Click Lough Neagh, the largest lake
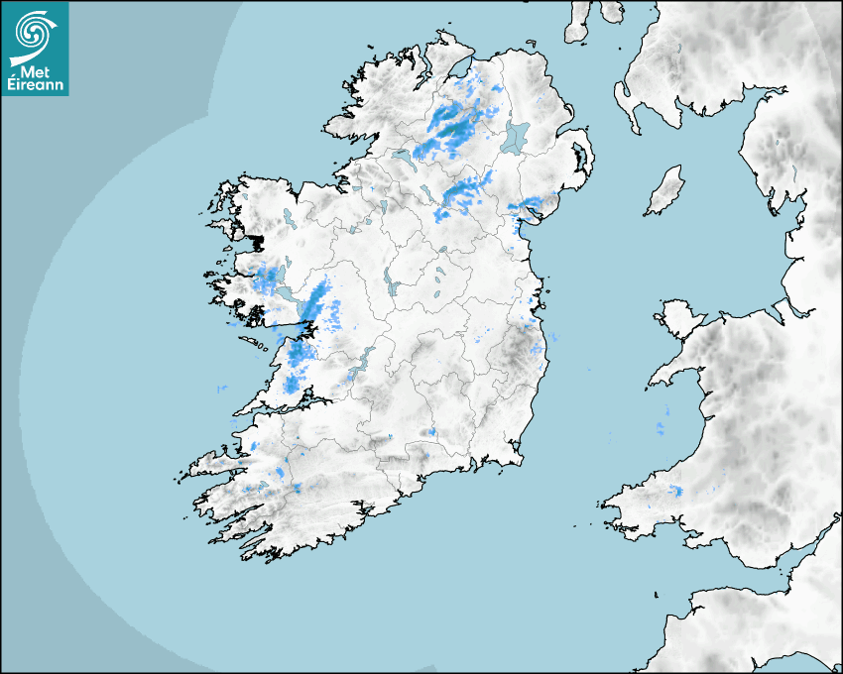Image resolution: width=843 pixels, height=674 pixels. click(516, 136)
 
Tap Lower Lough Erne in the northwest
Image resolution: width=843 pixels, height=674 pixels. click(401, 156)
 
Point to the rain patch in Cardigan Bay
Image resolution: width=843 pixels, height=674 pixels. click(660, 428)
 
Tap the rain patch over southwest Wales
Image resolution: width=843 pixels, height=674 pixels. click(677, 490)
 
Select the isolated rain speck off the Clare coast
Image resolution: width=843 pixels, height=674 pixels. click(221, 387)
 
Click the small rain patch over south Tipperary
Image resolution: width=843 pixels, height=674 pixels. click(431, 432)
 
